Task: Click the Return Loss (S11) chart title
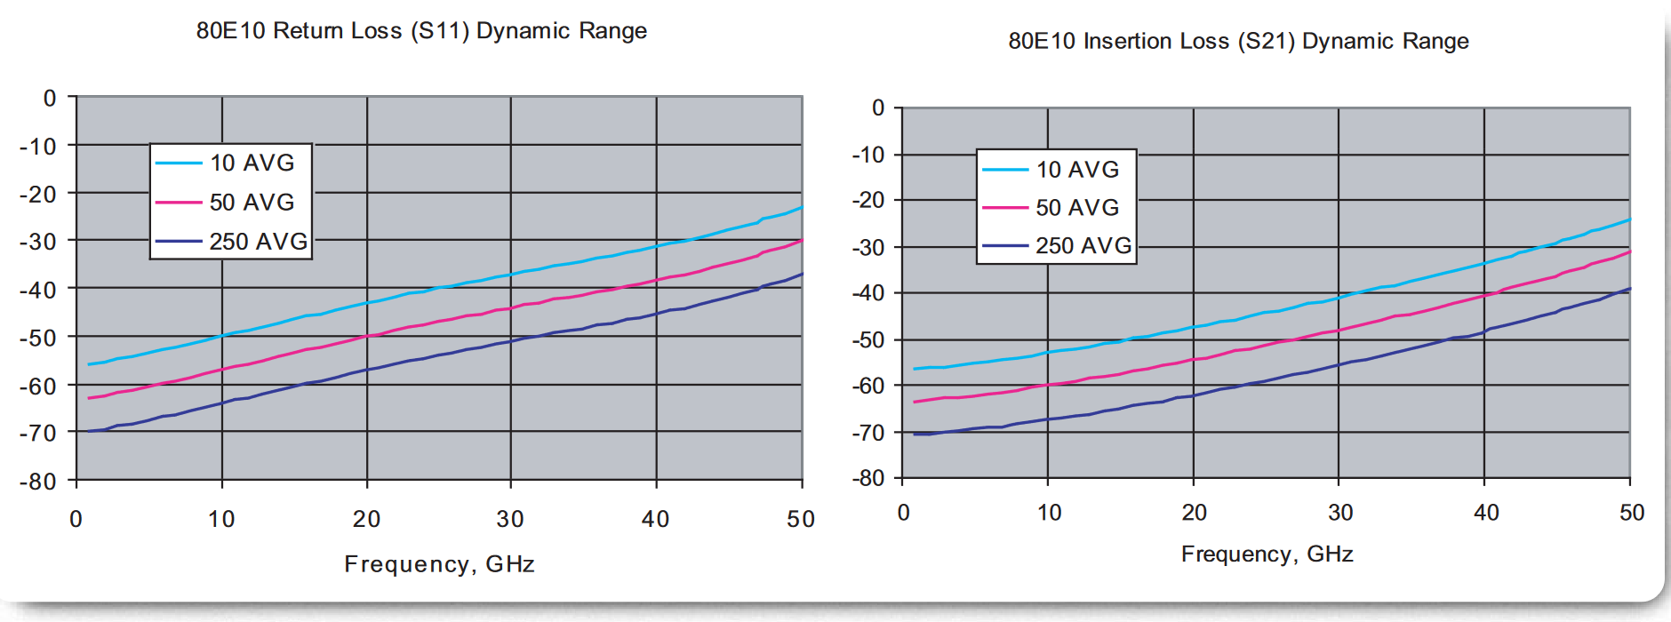tap(421, 31)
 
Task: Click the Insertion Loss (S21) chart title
tap(1238, 41)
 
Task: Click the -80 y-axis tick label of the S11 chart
tap(38, 482)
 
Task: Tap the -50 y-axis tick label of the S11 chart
tap(38, 338)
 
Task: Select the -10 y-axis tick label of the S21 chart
tap(868, 155)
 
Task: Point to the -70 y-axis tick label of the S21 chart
tap(868, 433)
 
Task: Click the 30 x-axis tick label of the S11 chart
tap(510, 519)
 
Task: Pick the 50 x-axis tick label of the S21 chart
tap(1632, 513)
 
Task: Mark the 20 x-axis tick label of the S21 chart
tap(1194, 513)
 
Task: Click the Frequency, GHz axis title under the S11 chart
tap(439, 564)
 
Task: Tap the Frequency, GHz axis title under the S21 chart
tap(1267, 554)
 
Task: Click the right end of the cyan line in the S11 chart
tap(802, 207)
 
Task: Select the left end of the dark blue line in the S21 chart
tap(915, 434)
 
